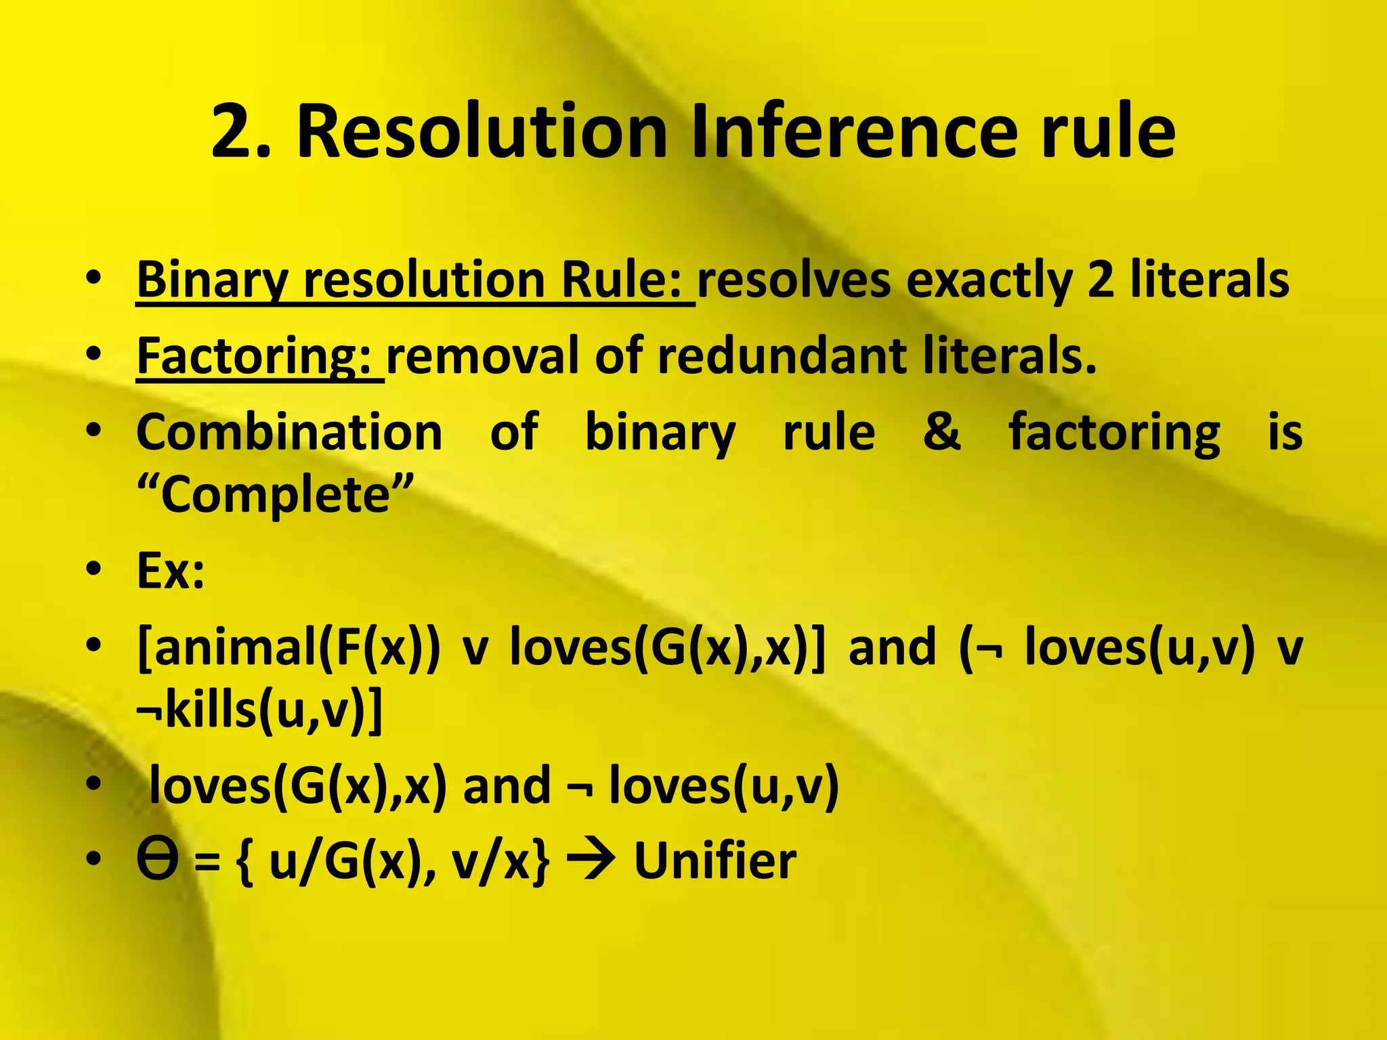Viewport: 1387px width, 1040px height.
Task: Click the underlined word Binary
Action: (x=212, y=280)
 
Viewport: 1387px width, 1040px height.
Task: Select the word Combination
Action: (x=289, y=432)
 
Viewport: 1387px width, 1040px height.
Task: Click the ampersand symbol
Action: (x=941, y=432)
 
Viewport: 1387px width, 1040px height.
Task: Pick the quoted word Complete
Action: (x=275, y=495)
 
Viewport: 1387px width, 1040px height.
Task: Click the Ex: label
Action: (x=170, y=571)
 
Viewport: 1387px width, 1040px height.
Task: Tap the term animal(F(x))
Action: (x=289, y=647)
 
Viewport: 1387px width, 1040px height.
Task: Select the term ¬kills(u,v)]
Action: (x=259, y=710)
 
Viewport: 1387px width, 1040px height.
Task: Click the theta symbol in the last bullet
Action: (x=157, y=861)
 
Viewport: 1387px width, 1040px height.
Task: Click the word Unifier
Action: (x=715, y=861)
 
